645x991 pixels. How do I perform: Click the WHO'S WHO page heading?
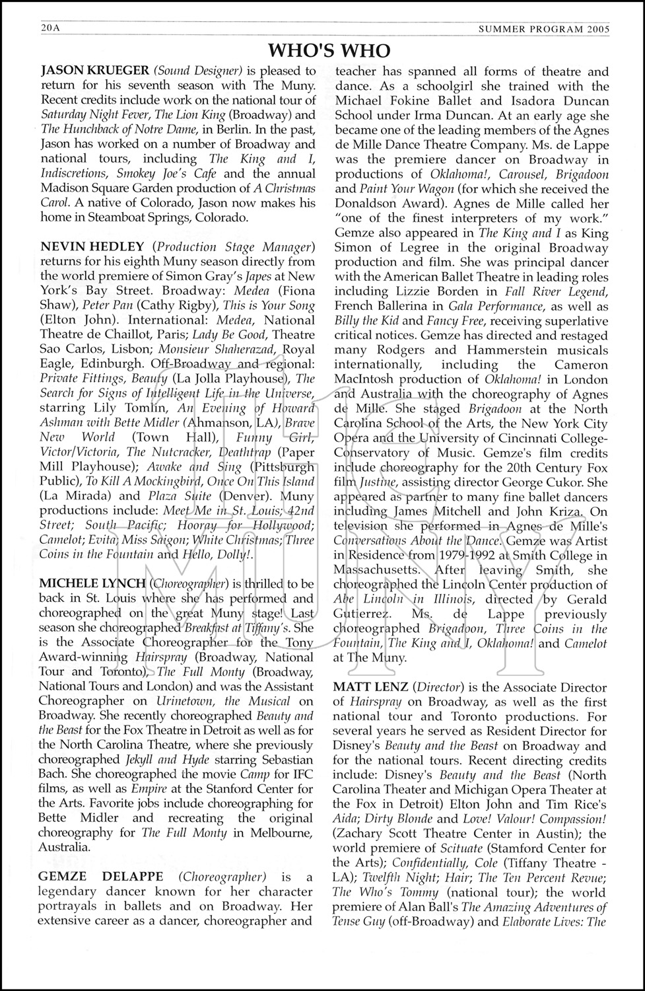coord(329,50)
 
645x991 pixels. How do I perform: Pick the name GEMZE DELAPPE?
coord(101,877)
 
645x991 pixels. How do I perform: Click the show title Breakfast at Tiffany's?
coord(238,627)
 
